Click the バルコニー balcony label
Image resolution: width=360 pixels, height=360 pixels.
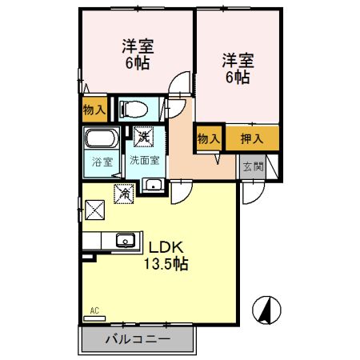click(138, 339)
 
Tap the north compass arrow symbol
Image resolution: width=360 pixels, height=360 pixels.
click(267, 310)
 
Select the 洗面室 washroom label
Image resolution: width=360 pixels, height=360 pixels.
click(145, 160)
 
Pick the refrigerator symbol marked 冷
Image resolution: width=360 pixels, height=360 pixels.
click(123, 192)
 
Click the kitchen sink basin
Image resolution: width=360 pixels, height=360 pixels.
click(126, 240)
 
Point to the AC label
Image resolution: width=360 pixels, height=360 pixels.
click(94, 310)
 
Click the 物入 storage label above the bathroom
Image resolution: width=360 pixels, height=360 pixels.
click(94, 108)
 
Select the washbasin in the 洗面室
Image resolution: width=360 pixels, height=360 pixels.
click(152, 186)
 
